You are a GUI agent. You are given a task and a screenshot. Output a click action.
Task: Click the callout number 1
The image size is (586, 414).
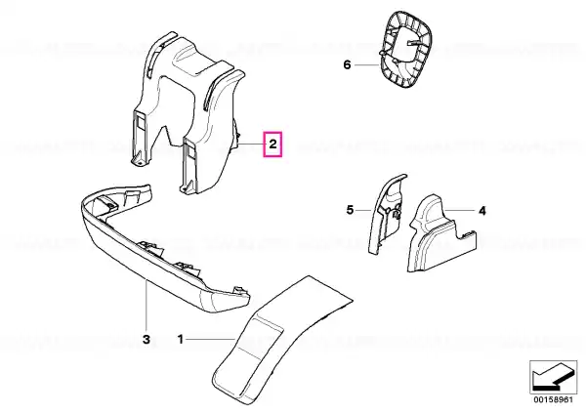point(181,340)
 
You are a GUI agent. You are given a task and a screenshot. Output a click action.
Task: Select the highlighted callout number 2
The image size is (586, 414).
point(273,144)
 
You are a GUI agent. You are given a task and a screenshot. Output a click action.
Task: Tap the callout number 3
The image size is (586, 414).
point(146,340)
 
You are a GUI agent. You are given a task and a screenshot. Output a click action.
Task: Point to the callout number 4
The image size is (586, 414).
point(482,211)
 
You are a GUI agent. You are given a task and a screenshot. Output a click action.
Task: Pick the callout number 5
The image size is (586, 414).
point(350,210)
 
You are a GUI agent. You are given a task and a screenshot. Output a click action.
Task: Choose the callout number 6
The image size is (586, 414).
point(347,65)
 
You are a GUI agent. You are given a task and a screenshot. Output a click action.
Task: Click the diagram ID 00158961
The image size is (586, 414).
point(553,399)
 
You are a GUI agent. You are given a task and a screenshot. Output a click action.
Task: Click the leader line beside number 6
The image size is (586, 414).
point(367,65)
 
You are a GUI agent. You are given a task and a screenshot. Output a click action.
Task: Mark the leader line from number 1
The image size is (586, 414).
point(211,339)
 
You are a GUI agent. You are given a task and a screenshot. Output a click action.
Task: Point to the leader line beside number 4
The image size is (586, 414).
point(460,211)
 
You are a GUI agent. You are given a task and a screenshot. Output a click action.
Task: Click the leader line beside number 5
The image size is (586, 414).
point(363,211)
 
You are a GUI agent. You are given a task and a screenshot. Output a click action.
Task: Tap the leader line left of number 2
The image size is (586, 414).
point(251,145)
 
